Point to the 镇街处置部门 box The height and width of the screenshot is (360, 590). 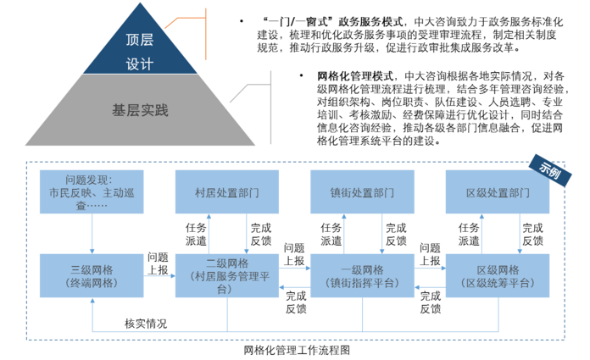pos(362,192)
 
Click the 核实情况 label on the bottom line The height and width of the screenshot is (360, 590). pos(145,324)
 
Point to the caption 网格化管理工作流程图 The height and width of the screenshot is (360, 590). pos(296,348)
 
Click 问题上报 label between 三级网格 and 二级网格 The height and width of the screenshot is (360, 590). pos(157,263)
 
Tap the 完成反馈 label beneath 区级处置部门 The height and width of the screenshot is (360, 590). pos(532,234)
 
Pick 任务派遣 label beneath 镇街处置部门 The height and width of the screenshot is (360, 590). pos(331,234)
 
